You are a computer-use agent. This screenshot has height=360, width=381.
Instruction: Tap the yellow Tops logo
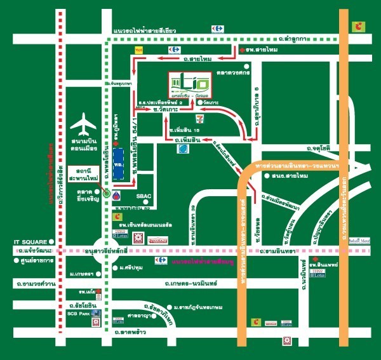(x=137, y=49)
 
